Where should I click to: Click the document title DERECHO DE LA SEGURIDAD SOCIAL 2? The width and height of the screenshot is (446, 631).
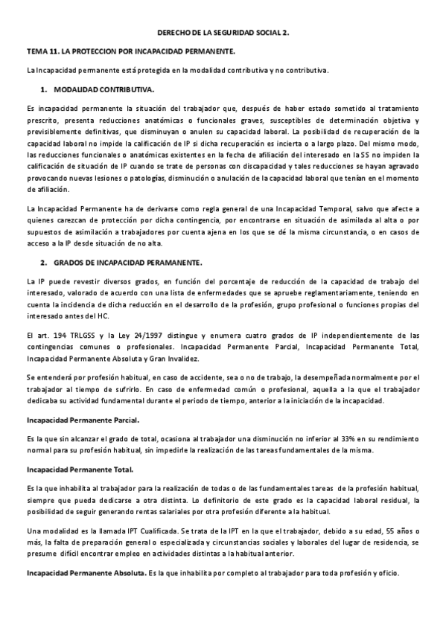pyautogui.click(x=223, y=33)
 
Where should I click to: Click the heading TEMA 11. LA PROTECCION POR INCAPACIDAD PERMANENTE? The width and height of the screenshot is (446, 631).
pyautogui.click(x=130, y=52)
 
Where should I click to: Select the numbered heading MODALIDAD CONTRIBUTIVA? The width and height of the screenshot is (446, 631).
pyautogui.click(x=103, y=89)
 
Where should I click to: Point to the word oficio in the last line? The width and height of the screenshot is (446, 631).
pyautogui.click(x=387, y=573)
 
